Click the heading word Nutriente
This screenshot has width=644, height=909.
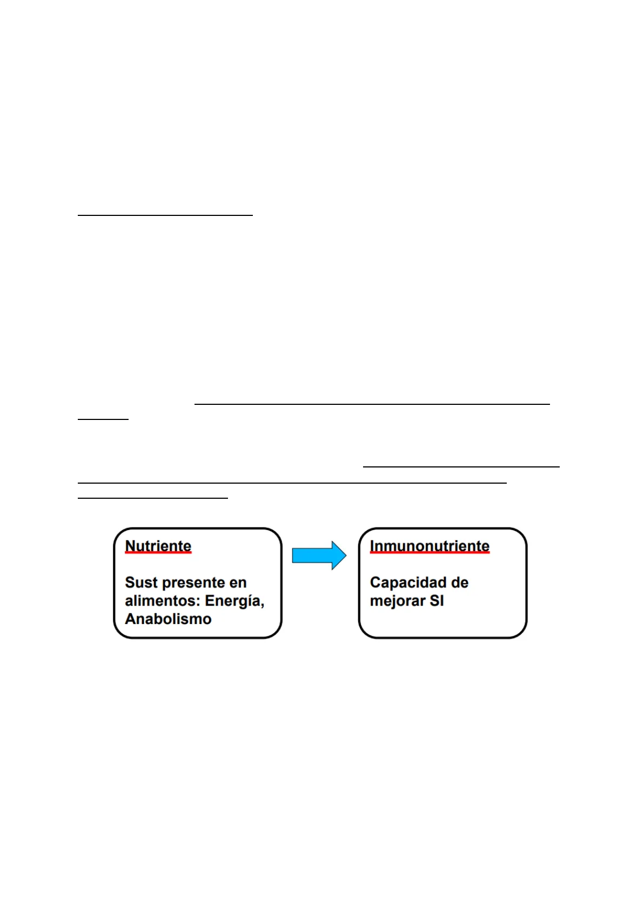[x=158, y=546]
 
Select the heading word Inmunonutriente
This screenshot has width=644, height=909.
[x=430, y=546]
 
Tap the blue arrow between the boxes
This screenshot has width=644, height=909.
[x=319, y=555]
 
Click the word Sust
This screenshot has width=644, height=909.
[x=141, y=582]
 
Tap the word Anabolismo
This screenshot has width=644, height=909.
[x=168, y=619]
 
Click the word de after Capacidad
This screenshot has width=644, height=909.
[x=460, y=582]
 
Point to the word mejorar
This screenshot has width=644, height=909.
[x=398, y=601]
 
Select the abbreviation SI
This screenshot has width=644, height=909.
[x=437, y=601]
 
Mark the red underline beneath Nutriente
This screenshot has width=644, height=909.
[x=158, y=552]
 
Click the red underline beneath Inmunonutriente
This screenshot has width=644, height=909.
[x=430, y=552]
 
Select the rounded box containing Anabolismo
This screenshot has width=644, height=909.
[x=198, y=583]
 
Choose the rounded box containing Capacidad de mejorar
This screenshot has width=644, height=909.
[x=442, y=583]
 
